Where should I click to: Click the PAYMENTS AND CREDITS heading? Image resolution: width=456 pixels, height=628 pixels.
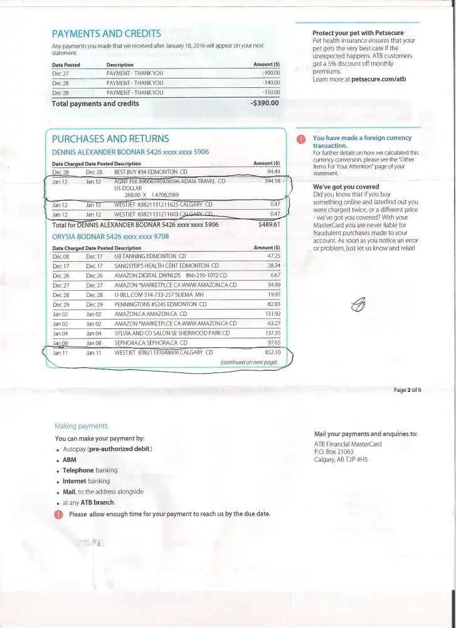[x=106, y=33]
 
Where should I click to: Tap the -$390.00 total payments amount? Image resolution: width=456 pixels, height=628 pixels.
[x=264, y=103]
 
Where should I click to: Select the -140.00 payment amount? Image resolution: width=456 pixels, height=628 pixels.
[x=270, y=83]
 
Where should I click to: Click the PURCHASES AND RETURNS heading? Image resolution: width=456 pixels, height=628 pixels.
[x=110, y=139]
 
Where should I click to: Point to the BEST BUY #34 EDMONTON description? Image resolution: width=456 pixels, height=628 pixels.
[x=151, y=171]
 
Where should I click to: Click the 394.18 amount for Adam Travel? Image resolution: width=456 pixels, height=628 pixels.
[x=272, y=181]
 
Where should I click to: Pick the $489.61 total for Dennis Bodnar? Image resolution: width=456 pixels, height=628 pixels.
[x=268, y=224]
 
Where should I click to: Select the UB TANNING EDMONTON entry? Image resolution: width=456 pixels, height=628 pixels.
[x=150, y=257]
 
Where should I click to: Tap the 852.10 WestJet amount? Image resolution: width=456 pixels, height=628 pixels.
[x=271, y=352]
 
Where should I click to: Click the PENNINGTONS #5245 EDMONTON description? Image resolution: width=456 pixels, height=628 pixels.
[x=160, y=305]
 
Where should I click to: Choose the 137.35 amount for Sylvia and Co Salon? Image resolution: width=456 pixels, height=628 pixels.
[x=271, y=333]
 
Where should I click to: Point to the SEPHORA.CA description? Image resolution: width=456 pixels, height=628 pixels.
[x=151, y=343]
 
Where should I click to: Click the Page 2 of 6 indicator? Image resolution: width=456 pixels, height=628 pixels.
[x=407, y=390]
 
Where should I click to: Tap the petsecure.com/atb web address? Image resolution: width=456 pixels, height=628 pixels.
[x=379, y=80]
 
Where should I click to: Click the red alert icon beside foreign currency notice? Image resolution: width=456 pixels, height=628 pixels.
[x=302, y=139]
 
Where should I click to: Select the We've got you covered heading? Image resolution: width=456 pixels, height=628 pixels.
[x=346, y=187]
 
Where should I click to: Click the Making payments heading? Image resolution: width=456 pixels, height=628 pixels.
[x=81, y=426]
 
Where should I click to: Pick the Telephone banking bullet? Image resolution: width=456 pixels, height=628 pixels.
[x=90, y=470]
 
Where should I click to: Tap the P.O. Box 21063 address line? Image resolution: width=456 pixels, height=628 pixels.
[x=334, y=452]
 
